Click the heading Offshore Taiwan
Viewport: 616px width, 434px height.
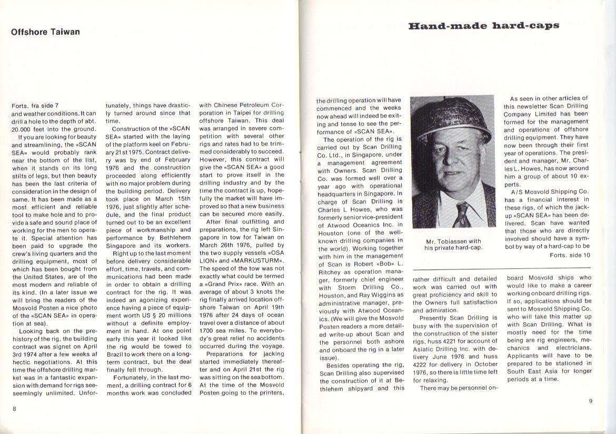point(45,32)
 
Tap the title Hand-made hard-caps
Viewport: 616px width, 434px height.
point(483,26)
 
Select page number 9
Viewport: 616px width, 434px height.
point(591,401)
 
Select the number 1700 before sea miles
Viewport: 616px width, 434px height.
point(209,323)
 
